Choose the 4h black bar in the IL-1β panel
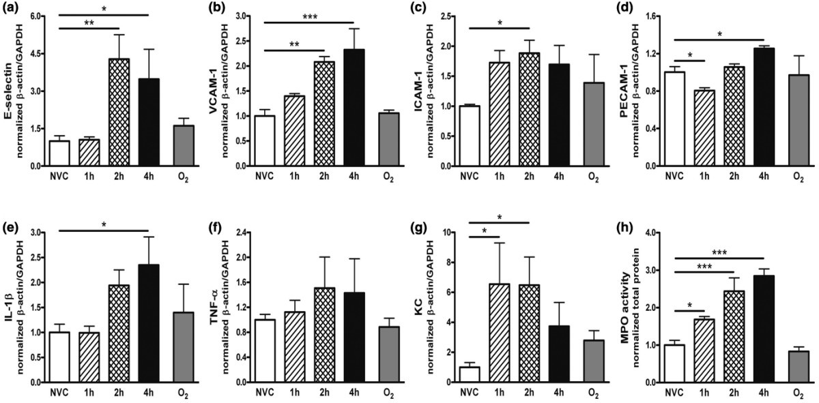pos(149,323)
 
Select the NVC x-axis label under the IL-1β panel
pos(59,393)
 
